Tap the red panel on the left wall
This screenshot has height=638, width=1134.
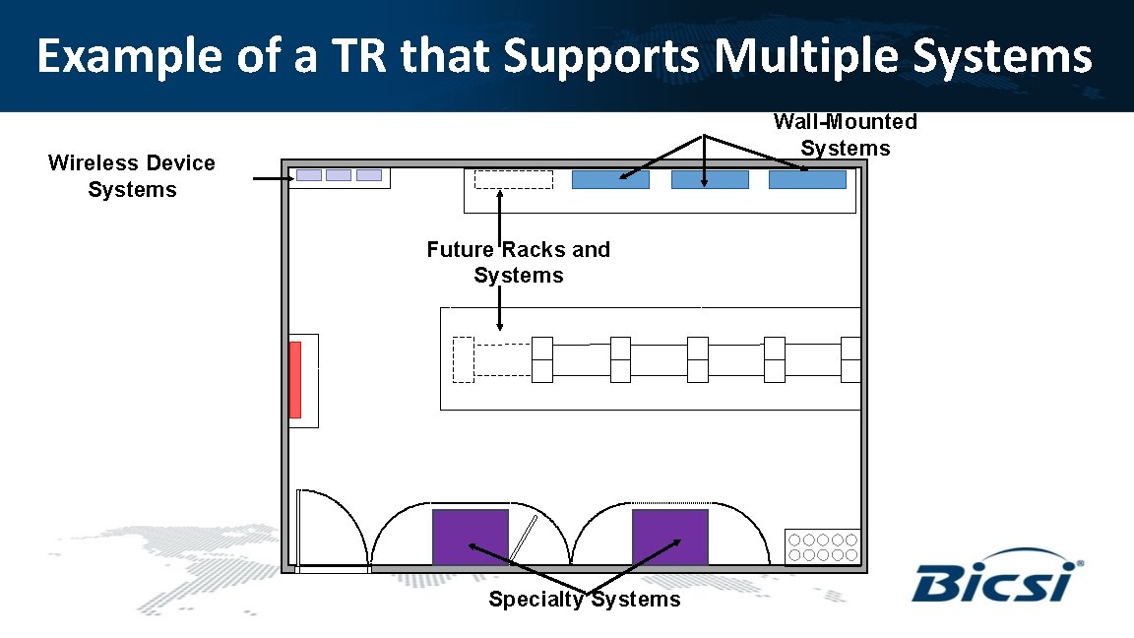294,380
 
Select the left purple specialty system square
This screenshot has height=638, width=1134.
471,537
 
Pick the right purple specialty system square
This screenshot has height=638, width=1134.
669,537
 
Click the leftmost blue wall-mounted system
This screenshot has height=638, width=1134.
610,180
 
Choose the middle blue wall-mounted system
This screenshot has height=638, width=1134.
710,180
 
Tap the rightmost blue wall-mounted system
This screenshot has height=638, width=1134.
807,180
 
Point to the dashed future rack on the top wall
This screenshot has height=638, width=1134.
514,180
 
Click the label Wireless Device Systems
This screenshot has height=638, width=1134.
131,176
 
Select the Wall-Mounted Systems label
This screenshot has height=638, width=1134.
845,135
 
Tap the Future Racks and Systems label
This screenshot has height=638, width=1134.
518,262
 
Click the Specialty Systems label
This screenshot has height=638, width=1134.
584,600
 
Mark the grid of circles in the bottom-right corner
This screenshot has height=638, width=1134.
823,546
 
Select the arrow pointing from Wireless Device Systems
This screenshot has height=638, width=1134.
273,179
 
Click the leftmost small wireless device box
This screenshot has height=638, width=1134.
309,175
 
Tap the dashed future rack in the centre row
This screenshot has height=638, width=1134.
463,359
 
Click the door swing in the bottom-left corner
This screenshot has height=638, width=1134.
331,528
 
